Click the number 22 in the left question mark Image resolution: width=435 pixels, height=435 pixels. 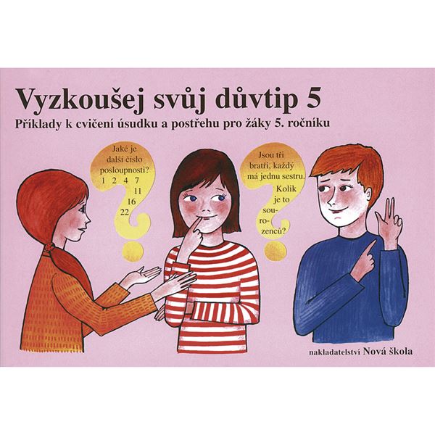125,212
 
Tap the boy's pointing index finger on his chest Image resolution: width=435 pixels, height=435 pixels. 369,249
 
